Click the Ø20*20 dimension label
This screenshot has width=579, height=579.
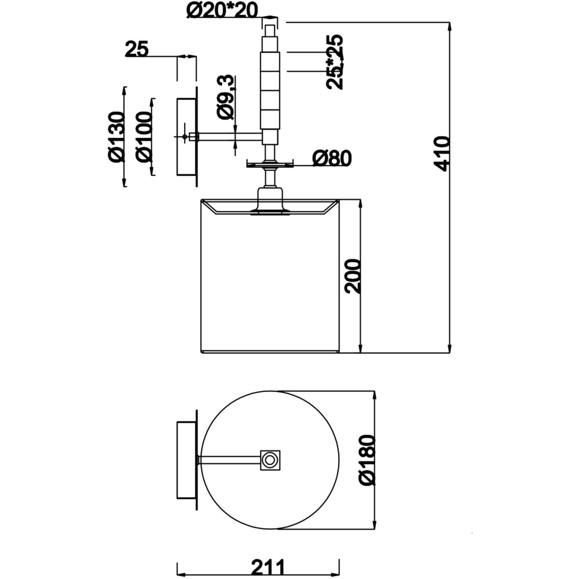(222, 10)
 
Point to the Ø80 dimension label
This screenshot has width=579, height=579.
(331, 158)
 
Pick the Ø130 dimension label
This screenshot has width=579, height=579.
(116, 137)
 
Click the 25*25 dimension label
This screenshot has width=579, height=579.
(335, 61)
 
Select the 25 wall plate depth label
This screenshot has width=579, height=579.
(137, 49)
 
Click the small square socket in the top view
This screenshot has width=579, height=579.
(270, 460)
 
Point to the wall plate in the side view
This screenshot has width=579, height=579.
(186, 137)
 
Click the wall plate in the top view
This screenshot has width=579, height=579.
(186, 460)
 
